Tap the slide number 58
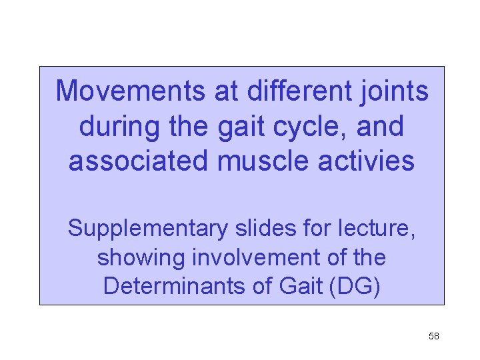coord(433,336)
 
